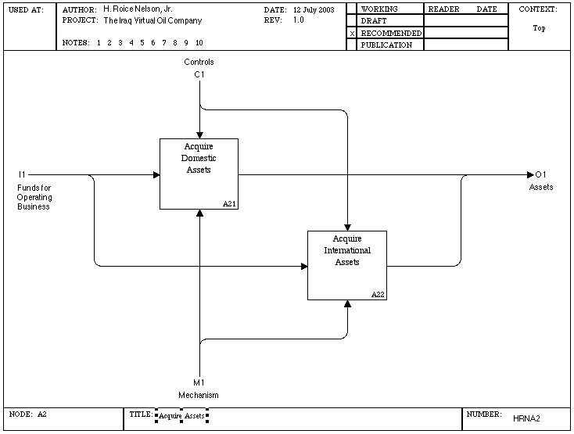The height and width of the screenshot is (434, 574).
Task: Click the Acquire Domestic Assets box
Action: pos(199,174)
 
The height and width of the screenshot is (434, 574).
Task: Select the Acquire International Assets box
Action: pos(347,265)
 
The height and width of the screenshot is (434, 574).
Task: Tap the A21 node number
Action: pos(230,204)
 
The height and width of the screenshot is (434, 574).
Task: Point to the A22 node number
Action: pos(378,295)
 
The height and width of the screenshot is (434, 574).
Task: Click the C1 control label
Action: pos(199,74)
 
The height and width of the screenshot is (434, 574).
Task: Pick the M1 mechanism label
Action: pos(199,382)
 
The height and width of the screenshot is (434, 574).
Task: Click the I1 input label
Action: pos(22,174)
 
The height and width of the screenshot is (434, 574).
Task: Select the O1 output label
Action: pos(540,174)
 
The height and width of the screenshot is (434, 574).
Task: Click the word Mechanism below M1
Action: pos(199,395)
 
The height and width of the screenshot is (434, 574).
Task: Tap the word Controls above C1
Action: pos(199,63)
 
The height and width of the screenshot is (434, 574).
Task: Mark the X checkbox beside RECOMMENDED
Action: pos(352,34)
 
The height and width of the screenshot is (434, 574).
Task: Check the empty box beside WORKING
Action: pos(351,9)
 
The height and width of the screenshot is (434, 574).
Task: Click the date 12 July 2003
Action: pos(314,10)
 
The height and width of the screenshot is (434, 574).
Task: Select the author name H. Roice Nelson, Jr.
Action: pos(138,9)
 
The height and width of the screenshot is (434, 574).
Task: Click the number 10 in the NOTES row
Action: pos(199,43)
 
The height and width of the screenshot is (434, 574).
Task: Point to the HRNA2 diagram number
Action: pos(526,418)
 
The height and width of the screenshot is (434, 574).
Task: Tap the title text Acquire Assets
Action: pos(181,416)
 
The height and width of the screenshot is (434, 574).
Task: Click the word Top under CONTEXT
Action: pos(539,28)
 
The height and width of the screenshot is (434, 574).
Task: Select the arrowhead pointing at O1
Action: pos(530,175)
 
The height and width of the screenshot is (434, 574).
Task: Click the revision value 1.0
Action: pos(299,20)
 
